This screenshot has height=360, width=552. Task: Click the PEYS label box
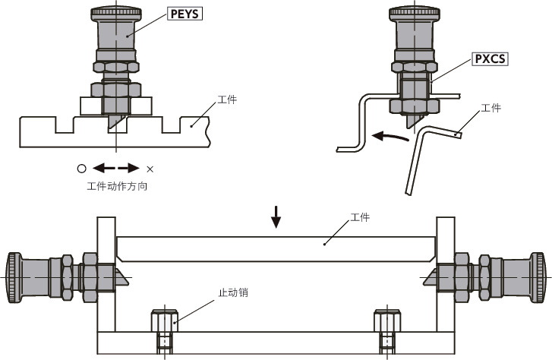185,13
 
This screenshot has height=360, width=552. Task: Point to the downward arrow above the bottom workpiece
276,217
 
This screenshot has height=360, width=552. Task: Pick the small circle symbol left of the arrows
81,169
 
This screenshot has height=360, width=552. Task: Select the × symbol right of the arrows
150,169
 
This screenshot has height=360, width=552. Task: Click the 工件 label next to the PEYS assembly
227,99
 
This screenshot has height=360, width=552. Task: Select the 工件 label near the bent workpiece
491,109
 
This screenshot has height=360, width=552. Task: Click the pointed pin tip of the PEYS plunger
114,122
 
